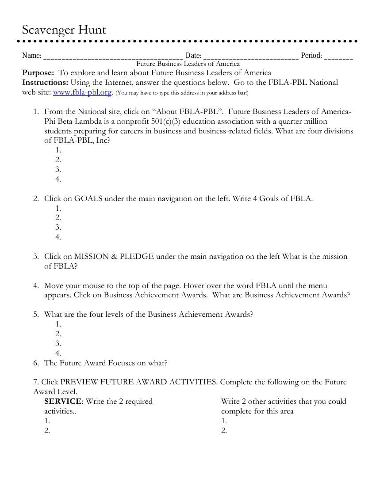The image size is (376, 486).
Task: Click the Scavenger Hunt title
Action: [64, 30]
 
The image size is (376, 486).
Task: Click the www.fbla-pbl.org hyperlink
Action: [82, 92]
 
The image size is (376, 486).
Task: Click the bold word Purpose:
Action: [38, 72]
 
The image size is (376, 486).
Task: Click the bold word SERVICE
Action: [63, 401]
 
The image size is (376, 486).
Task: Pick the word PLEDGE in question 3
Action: [137, 256]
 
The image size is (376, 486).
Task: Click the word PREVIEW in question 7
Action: [79, 382]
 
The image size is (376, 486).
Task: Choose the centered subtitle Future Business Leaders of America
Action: [188, 64]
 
